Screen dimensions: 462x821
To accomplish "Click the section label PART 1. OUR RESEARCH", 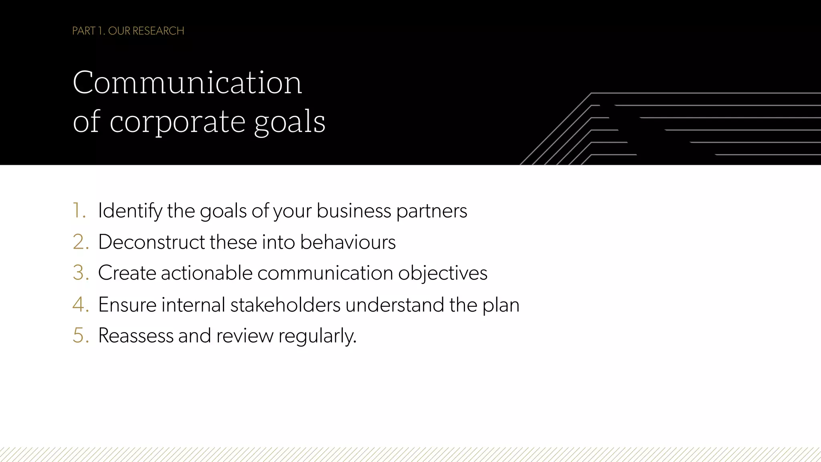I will (128, 31).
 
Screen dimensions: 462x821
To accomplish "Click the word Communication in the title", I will (187, 83).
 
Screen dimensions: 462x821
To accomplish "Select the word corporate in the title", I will (177, 122).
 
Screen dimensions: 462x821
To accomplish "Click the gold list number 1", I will (79, 211).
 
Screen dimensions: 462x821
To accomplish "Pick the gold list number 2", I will (80, 242).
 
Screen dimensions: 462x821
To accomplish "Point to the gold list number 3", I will (80, 273).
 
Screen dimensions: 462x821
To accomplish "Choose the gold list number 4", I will (80, 304).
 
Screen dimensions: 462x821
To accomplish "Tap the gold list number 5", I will (80, 335).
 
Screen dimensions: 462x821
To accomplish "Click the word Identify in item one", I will (130, 211).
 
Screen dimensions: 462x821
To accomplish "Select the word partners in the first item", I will (432, 211).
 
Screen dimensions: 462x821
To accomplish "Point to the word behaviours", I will (348, 242).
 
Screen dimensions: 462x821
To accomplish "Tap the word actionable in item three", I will (206, 273).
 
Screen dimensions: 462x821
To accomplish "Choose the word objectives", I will (443, 273).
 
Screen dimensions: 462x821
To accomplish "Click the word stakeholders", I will (285, 304).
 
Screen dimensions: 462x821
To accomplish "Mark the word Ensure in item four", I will (127, 304).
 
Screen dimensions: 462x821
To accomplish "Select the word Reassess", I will (135, 335).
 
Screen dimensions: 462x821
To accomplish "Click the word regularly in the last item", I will (317, 336).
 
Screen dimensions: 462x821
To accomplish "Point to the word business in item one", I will (354, 211).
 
